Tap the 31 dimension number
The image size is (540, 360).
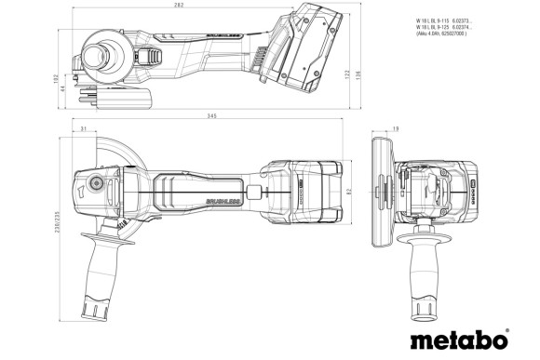coord(84,129)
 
